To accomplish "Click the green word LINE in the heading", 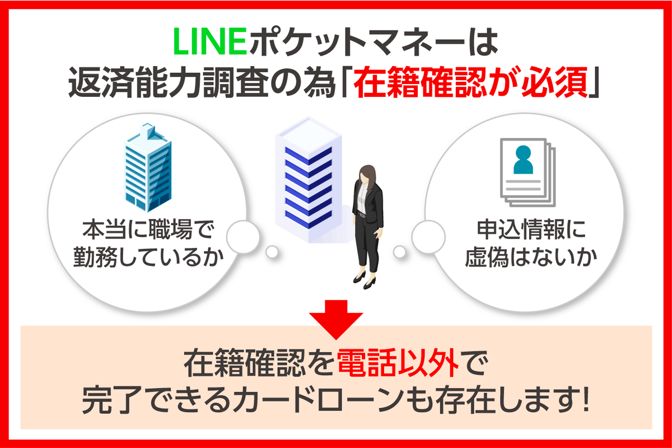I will pos(209,46).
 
